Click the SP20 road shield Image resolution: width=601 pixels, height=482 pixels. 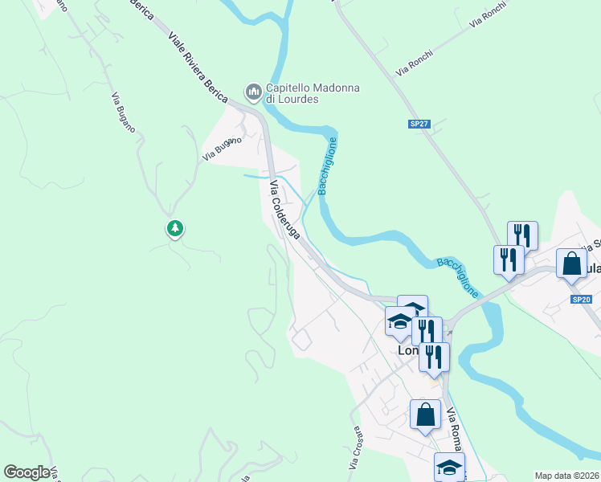582,300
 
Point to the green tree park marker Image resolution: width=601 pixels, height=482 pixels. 174,229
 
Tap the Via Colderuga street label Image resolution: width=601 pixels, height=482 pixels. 284,210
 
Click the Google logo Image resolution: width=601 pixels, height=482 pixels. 27,472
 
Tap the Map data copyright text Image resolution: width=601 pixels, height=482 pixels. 567,476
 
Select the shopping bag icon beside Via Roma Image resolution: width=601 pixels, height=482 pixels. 425,415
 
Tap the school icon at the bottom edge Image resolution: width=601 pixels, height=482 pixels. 449,467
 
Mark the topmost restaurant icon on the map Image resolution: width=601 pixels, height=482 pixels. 522,235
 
